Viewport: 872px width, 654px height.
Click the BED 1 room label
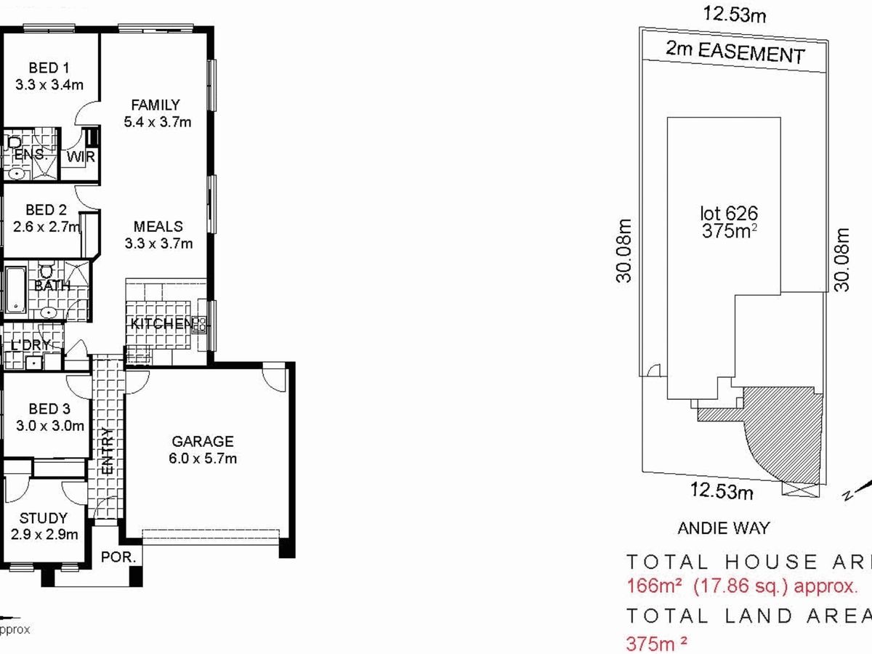point(49,68)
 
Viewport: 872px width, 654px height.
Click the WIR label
point(81,157)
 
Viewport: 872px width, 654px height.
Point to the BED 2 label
point(45,210)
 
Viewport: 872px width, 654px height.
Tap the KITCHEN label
point(161,324)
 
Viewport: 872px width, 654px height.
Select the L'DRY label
point(30,344)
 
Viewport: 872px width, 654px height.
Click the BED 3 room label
point(49,409)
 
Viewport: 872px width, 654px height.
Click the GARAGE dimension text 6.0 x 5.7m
point(203,459)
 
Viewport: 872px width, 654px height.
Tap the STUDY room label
point(44,518)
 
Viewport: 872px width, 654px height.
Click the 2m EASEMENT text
point(735,53)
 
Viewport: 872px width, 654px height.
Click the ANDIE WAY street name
point(723,528)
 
